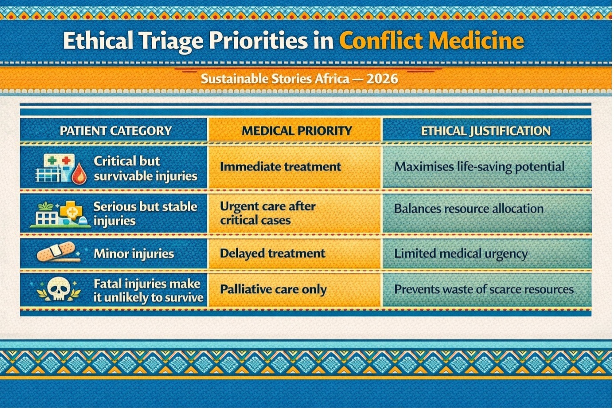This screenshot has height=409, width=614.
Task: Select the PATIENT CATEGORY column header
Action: point(116,131)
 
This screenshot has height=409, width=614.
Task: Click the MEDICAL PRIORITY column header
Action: point(297,131)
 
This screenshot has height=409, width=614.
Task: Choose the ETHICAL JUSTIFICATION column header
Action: point(486,131)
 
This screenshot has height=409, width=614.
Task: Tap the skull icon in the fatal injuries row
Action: point(59,289)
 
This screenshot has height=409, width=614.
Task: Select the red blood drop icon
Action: point(79,173)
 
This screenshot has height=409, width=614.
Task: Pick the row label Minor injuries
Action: point(134,254)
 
